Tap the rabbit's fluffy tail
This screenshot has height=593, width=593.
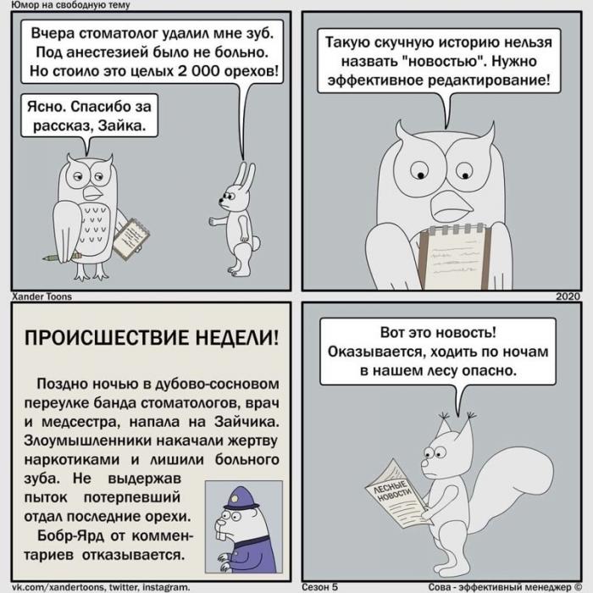point(256,243)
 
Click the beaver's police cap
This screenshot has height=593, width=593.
point(241,498)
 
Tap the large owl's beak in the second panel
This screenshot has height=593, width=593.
point(451,205)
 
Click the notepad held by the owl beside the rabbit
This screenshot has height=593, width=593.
point(131,239)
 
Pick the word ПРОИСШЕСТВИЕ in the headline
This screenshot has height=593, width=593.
point(106,337)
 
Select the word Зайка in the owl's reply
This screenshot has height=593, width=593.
point(122,125)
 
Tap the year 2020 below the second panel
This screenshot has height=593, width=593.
point(568,296)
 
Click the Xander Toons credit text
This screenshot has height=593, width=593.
point(42,296)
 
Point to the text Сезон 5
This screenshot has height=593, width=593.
point(319,586)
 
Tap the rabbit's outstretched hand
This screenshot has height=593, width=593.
point(213,222)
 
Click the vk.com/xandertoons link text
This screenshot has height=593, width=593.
point(58,587)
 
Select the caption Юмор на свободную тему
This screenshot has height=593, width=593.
point(70,5)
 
